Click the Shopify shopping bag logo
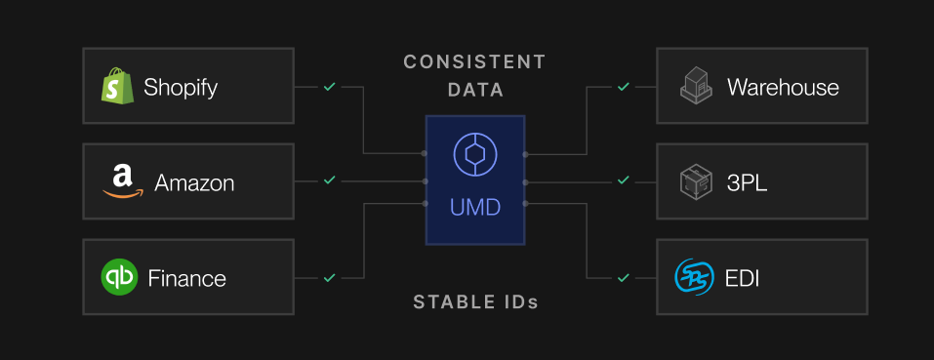117,87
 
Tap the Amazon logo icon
121,181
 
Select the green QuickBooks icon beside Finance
119,277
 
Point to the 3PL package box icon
695,181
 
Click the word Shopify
181,88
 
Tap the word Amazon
194,182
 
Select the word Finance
186,278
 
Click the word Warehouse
783,88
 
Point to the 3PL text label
749,182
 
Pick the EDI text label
744,278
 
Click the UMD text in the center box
475,208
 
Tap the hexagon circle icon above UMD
475,154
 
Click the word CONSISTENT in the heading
474,62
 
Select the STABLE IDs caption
475,301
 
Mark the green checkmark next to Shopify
330,87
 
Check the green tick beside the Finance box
330,277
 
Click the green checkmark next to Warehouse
623,87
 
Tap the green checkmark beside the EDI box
623,277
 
